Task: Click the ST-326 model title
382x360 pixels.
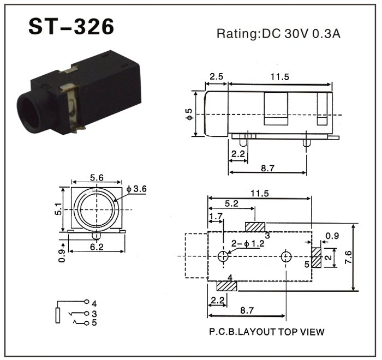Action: [71, 27]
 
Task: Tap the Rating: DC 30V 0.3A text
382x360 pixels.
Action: [278, 34]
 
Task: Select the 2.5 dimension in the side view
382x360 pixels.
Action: [216, 77]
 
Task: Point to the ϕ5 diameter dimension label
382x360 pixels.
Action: [189, 114]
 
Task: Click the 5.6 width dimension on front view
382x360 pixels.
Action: [97, 178]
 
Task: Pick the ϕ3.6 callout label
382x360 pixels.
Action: [136, 189]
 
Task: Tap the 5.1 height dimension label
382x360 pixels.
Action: [58, 209]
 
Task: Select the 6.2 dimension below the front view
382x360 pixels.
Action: [97, 247]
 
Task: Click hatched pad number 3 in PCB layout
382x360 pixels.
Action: [255, 227]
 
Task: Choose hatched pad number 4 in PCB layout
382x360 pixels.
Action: [226, 286]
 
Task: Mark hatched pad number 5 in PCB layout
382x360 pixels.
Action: [316, 257]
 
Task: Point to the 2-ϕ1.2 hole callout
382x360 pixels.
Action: [248, 244]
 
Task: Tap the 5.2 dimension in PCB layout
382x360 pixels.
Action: [231, 203]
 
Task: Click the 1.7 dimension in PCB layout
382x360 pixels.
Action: [216, 216]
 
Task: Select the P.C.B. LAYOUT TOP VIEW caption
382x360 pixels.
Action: [267, 332]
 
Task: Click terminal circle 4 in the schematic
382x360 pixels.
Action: [86, 302]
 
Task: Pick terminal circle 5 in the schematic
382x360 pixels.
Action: [86, 323]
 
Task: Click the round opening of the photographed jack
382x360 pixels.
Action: [31, 114]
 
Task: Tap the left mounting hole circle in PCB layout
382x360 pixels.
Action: [223, 256]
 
